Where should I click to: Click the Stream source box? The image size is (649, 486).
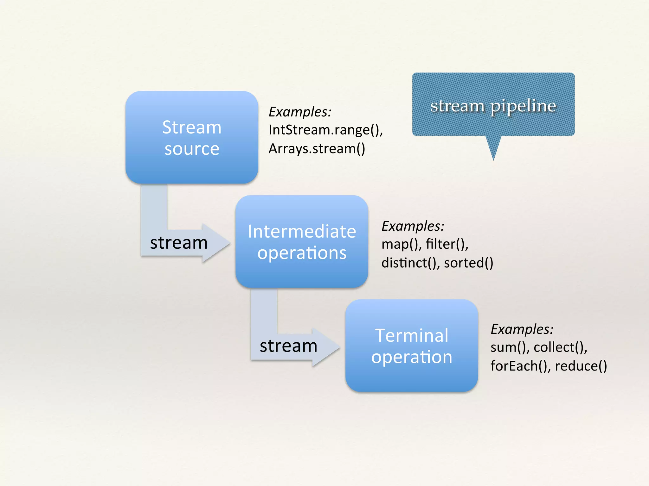pos(192,137)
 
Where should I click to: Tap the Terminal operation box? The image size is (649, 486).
pos(412,346)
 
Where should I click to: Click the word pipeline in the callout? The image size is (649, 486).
pos(523,106)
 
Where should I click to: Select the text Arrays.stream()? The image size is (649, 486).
pos(317,149)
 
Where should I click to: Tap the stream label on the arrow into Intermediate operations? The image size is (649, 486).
pos(179,243)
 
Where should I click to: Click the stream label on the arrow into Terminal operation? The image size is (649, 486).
pos(288,346)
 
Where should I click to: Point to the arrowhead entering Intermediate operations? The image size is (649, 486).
pos(219,243)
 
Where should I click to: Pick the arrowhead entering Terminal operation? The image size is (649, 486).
pos(329,347)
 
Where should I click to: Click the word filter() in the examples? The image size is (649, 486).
pos(447,244)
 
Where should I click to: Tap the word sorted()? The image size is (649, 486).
pos(468,263)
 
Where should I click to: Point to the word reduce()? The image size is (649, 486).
pos(581,366)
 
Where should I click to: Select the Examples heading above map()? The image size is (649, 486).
pos(413,226)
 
